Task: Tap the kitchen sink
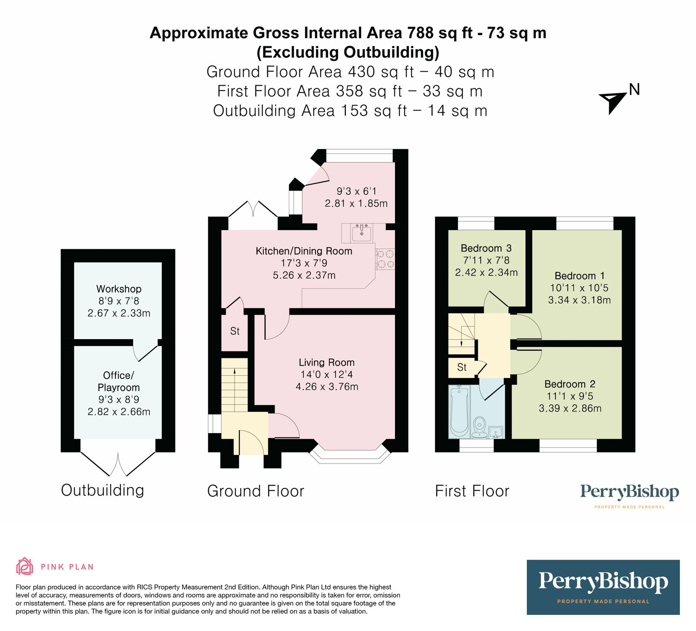(361, 233)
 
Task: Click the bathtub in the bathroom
(459, 411)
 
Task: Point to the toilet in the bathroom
(479, 427)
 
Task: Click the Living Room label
(326, 362)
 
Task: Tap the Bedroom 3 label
(486, 248)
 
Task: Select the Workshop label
(119, 289)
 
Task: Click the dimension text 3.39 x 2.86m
(570, 408)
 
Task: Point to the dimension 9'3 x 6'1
(356, 191)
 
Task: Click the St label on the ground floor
(235, 331)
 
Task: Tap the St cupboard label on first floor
(462, 367)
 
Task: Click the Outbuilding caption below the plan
(103, 490)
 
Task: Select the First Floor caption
(472, 491)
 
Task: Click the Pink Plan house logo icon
(24, 566)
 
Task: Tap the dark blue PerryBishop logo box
(603, 587)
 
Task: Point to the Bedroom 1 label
(579, 276)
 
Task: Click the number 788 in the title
(421, 33)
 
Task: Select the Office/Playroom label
(118, 381)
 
